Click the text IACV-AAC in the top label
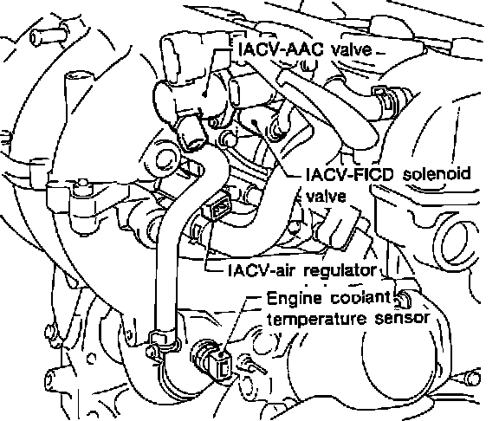[282, 49]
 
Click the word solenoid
[437, 174]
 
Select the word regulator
[340, 271]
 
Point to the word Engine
[294, 299]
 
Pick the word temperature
[316, 319]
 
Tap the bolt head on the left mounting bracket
[83, 188]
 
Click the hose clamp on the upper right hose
[384, 100]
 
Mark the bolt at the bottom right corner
[474, 378]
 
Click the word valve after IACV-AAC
[352, 50]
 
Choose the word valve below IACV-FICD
[326, 195]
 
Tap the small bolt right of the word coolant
[403, 299]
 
